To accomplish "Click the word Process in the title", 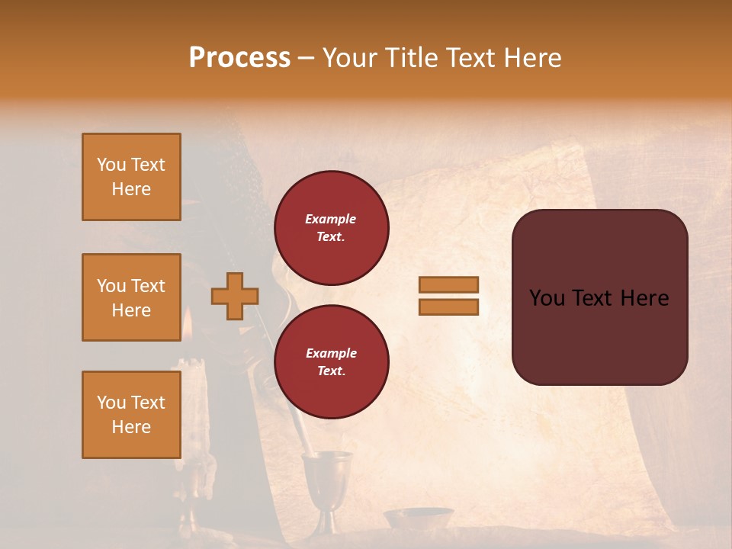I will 239,58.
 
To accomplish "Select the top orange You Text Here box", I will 131,177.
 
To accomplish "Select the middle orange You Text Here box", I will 131,297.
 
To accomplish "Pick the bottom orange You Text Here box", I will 131,415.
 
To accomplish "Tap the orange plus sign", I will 235,296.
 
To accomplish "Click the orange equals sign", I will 448,296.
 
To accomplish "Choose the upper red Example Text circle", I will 331,227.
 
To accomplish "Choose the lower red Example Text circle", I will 331,361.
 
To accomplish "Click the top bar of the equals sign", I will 448,285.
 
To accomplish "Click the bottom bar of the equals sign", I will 448,307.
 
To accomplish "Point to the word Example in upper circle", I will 331,219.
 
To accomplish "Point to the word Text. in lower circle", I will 331,371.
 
